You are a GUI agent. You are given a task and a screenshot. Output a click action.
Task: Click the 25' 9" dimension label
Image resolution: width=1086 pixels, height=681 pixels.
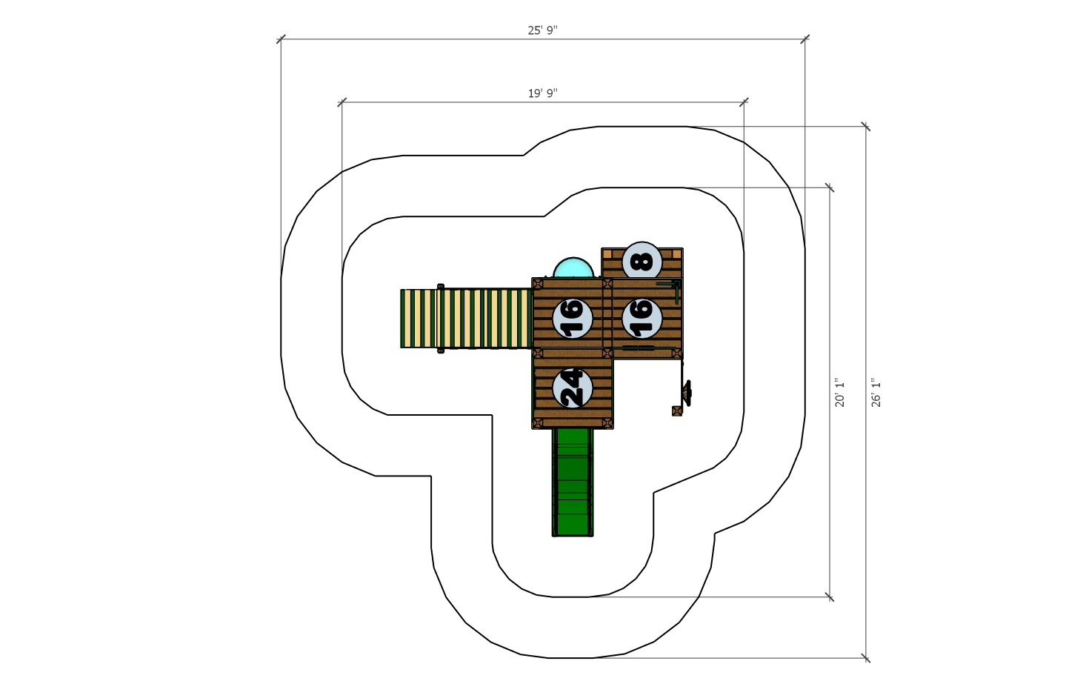[x=542, y=30]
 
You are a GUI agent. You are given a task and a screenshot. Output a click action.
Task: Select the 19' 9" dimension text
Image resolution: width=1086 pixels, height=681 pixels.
[x=542, y=93]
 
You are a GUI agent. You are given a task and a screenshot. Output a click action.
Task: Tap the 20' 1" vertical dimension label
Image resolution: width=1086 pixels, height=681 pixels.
[x=839, y=393]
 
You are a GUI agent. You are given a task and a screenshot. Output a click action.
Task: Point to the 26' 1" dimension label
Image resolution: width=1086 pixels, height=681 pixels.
[x=876, y=393]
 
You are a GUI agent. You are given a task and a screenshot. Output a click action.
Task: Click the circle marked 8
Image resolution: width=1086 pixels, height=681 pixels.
[x=642, y=262]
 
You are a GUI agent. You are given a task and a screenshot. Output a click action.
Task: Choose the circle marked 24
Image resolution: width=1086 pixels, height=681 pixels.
[x=573, y=388]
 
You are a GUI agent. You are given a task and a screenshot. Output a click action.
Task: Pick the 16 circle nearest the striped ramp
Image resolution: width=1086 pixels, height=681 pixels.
[x=573, y=318]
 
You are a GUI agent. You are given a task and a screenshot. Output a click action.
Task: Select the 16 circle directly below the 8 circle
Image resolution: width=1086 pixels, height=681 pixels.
[x=642, y=318]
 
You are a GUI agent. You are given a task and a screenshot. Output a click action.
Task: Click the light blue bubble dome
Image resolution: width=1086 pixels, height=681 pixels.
[x=573, y=268]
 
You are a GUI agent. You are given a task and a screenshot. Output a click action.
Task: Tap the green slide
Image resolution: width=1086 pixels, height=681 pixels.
[x=573, y=482]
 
